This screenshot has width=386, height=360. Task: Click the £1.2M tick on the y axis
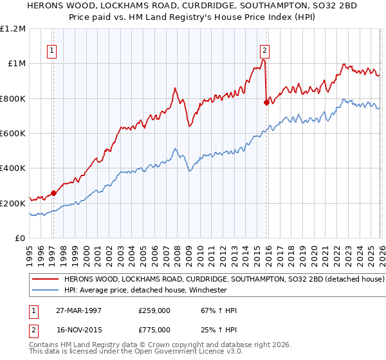[14, 29]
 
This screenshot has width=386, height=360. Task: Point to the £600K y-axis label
[14, 134]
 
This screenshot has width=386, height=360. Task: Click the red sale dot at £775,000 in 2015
[267, 102]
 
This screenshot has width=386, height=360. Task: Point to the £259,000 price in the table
[153, 310]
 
